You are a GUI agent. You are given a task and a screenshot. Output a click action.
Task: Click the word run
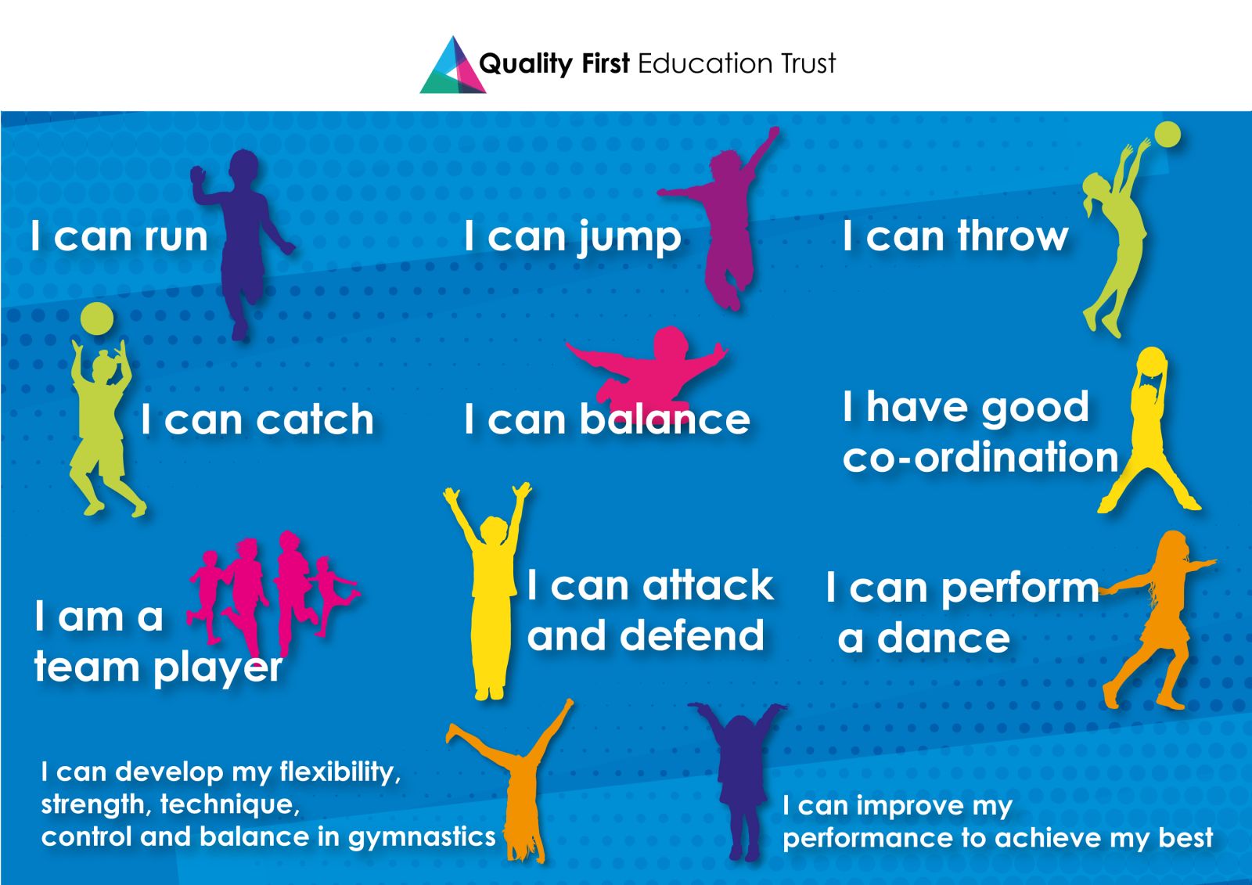coord(176,237)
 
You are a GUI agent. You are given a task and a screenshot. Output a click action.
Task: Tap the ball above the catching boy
coord(97,319)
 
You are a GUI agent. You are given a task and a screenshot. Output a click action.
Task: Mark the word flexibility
coord(340,772)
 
